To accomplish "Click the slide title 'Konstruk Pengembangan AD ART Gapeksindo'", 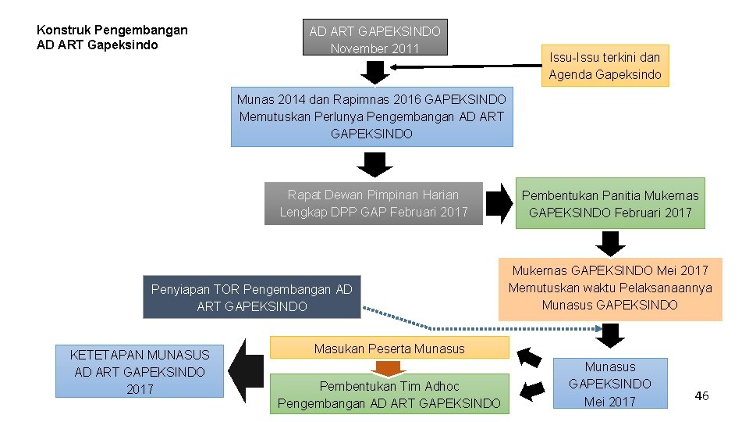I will (112, 38).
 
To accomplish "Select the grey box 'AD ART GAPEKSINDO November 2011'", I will (375, 38).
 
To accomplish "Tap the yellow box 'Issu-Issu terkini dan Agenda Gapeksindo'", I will (605, 66).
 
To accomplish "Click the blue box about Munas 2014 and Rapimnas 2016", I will (372, 116).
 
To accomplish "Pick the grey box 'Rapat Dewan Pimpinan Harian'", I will (374, 203).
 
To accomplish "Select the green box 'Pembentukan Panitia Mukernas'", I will (610, 203).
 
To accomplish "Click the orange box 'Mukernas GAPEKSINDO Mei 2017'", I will (610, 288).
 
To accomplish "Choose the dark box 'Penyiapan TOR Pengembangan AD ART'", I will (251, 298).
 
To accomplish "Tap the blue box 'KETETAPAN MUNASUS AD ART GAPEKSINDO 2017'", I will (140, 371).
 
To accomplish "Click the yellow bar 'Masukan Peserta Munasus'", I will (389, 349).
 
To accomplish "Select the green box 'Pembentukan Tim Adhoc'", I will (389, 395).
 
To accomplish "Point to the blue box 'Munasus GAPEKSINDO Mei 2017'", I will (610, 383).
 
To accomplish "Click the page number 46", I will (701, 396).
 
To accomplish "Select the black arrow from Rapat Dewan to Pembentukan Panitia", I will (499, 203).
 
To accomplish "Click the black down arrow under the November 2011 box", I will (375, 72).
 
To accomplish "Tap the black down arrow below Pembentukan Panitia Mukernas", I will (613, 243).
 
